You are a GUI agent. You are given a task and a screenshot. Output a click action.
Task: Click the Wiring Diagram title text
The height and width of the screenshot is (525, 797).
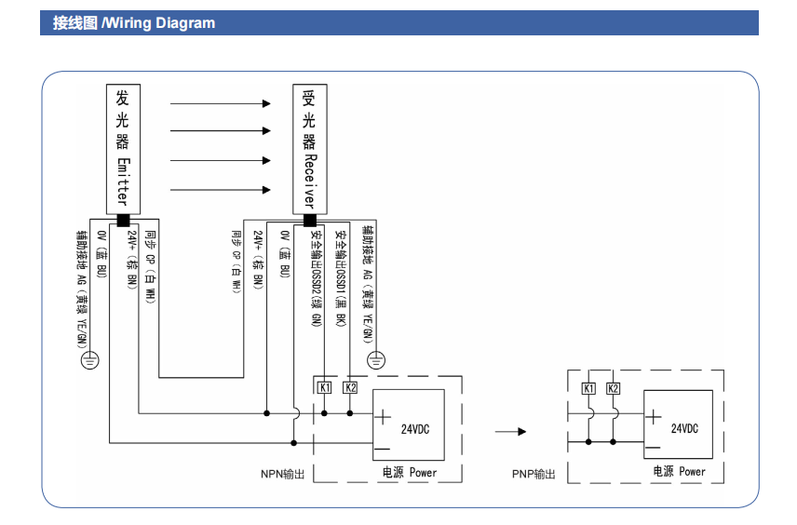pos(133,23)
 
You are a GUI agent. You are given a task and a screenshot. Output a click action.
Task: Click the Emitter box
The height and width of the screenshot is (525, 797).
pos(122,149)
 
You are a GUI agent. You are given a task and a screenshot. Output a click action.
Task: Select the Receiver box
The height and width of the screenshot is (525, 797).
pos(309,149)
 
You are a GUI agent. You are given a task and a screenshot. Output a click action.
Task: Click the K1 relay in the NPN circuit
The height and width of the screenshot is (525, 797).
pos(324,387)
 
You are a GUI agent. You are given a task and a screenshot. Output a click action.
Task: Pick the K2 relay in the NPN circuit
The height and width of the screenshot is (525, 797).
pos(350,387)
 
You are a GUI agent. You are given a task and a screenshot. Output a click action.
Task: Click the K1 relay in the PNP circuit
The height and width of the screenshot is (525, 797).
pos(588,388)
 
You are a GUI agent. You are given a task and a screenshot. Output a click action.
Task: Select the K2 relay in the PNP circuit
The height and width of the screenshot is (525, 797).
pos(614,388)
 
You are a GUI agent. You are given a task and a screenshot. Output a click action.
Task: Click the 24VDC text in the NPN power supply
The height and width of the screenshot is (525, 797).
pos(415,429)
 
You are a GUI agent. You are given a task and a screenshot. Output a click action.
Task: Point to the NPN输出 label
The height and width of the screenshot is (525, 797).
pos(283,474)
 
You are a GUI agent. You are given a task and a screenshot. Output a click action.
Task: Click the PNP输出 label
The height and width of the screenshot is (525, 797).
pos(534,474)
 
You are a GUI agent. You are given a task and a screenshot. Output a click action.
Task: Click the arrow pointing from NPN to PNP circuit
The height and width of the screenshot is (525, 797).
pos(509,432)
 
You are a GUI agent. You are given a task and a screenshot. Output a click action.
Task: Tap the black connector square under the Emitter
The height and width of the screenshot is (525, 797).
pos(122,221)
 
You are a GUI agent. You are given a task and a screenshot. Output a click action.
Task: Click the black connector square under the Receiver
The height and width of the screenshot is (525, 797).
pos(309,221)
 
